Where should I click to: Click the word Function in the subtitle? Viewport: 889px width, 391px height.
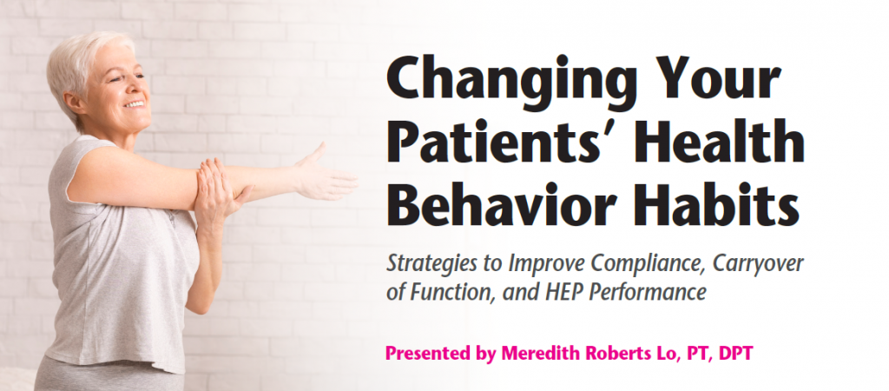click(444, 293)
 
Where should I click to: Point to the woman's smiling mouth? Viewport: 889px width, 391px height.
click(134, 104)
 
